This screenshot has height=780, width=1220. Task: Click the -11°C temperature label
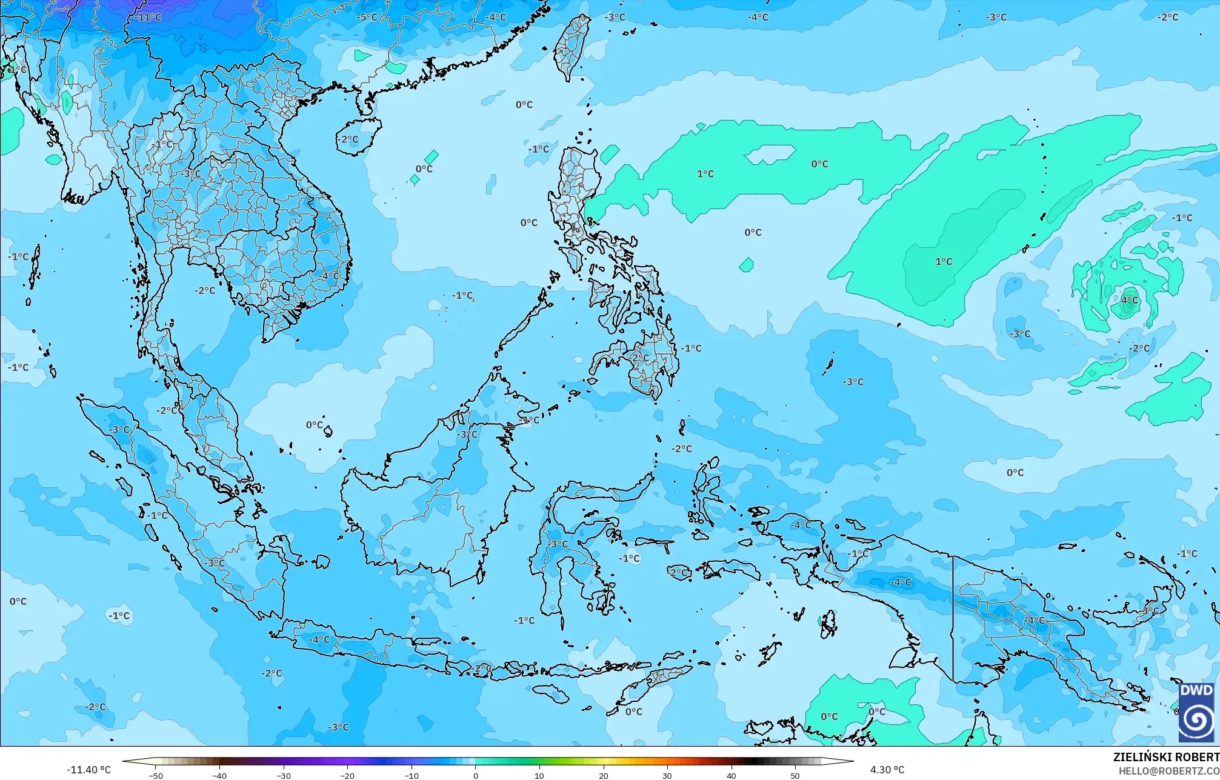coord(147,17)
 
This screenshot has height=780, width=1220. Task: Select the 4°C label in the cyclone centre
coord(1130,300)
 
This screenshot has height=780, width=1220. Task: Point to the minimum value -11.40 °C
coord(88,770)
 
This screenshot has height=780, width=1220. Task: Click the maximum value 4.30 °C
coord(887,770)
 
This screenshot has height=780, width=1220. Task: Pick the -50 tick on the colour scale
coord(156,775)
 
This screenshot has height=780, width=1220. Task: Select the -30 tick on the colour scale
coord(284,775)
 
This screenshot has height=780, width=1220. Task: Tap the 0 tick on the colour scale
coord(476,775)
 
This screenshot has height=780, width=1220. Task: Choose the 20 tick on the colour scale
coord(604,775)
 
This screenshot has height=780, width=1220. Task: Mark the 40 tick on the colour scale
coord(732,775)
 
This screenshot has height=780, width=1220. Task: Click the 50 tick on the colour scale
coord(795,775)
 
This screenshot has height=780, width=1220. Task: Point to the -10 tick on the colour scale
coord(412,775)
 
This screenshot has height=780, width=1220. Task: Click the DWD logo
coord(1196,712)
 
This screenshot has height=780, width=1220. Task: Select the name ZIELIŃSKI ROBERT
coord(1165,757)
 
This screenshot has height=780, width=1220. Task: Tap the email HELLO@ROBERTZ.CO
coord(1168,770)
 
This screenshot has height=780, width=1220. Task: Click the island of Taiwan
coord(572,45)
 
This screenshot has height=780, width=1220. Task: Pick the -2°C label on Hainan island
coord(348,139)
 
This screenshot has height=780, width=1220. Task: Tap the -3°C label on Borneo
coord(467,435)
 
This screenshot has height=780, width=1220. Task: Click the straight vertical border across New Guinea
coord(953,618)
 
